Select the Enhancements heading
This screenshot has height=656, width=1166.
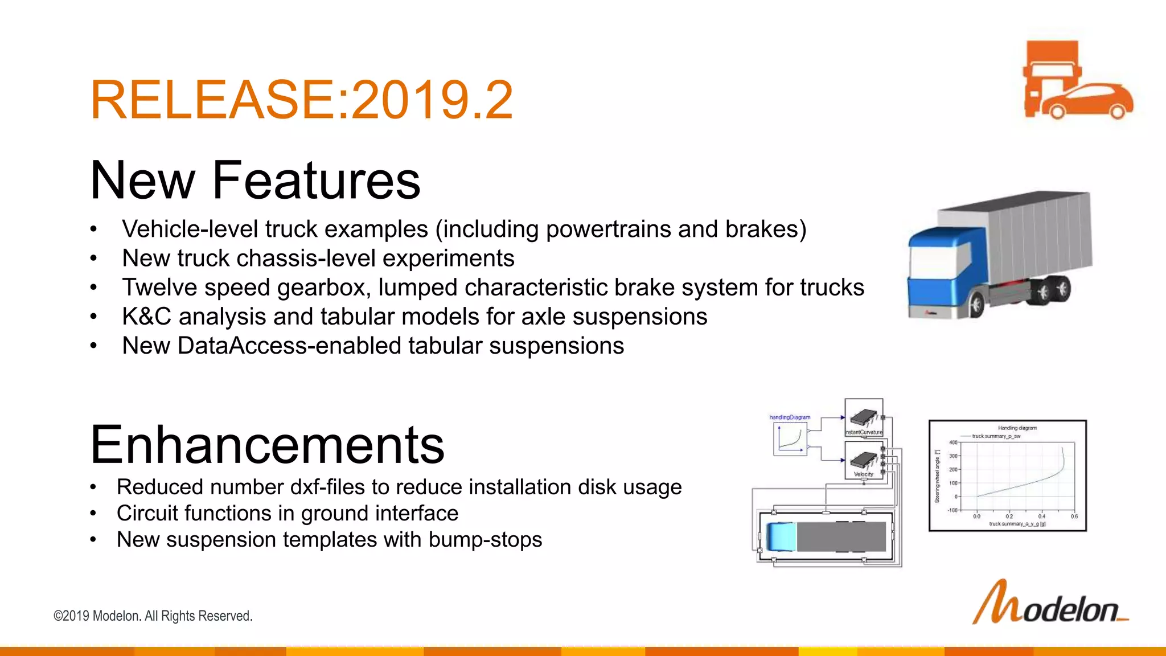267,445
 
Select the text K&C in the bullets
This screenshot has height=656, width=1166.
146,317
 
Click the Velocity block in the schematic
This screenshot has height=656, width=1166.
864,461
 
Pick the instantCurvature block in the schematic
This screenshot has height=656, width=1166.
864,418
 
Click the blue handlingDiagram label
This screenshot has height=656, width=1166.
790,417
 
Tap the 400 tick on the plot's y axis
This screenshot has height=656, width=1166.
953,442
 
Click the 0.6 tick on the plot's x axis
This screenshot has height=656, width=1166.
1074,516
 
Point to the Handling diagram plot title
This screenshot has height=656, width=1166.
1017,428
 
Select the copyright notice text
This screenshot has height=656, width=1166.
153,616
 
